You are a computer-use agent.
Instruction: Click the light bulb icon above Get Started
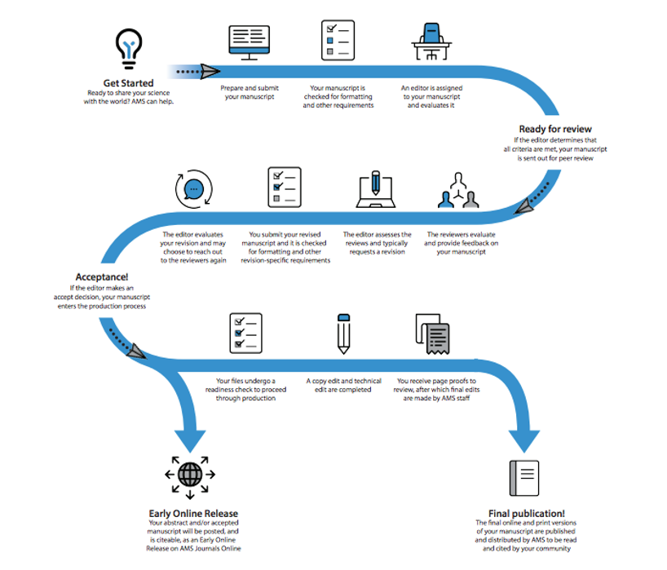(129, 48)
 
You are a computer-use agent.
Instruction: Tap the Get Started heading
(129, 83)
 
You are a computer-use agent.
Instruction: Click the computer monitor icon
(250, 42)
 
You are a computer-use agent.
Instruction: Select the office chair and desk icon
(431, 42)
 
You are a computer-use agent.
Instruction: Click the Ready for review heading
(555, 129)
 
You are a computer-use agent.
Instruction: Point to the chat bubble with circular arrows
(194, 189)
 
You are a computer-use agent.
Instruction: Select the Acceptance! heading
(102, 277)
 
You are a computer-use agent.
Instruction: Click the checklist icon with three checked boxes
(246, 333)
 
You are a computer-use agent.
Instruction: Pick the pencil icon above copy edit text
(344, 334)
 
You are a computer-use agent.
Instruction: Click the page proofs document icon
(433, 334)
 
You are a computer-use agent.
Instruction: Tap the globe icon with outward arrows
(190, 475)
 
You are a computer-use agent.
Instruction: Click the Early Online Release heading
(193, 514)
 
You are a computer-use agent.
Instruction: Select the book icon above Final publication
(524, 478)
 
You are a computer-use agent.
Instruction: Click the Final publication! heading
(526, 514)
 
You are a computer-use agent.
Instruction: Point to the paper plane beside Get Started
(210, 72)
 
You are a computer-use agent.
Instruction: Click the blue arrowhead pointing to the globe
(190, 441)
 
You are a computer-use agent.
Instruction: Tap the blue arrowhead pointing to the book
(524, 441)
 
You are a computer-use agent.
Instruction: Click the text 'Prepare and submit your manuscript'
(250, 92)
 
